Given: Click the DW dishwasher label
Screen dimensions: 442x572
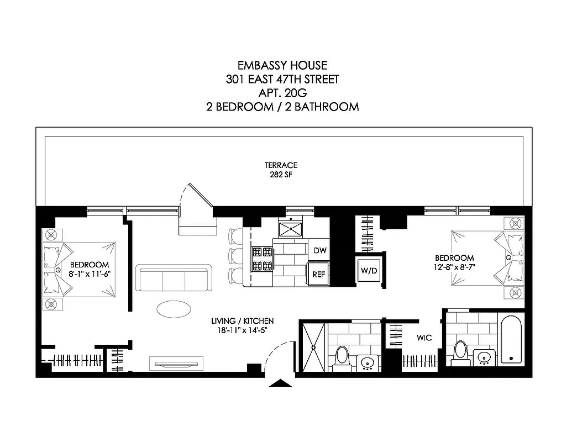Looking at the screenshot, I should (x=320, y=250).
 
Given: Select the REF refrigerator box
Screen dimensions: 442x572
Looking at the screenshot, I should (x=319, y=274).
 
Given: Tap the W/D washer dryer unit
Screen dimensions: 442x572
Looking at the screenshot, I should (x=368, y=271).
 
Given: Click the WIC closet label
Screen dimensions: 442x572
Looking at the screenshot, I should (x=424, y=337).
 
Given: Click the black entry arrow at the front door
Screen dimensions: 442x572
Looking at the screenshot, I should (x=281, y=383).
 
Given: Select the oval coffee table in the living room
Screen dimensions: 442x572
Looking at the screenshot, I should (x=175, y=309).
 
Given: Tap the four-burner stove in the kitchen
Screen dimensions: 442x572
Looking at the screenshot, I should (x=263, y=259).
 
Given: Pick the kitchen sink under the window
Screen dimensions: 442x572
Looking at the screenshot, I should (x=290, y=228).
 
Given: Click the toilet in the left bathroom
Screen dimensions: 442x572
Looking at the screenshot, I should (x=342, y=356).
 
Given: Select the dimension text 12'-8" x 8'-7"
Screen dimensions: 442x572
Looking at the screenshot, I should (x=454, y=267).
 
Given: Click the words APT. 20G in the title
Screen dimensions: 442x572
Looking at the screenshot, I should (x=282, y=93).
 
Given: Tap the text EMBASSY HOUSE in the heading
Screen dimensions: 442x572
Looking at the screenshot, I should (x=282, y=66).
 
